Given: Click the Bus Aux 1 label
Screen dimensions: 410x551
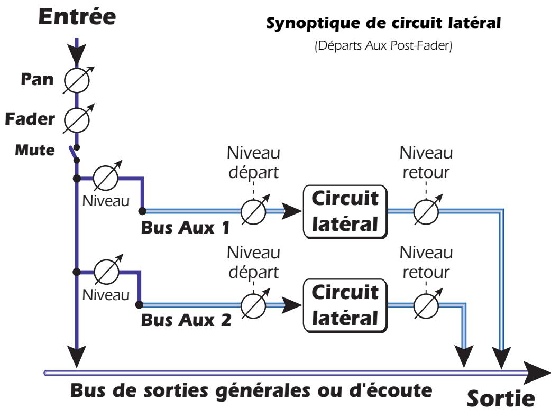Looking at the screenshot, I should click(x=186, y=229).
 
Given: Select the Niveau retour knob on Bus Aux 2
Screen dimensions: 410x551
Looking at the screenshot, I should click(x=426, y=305).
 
